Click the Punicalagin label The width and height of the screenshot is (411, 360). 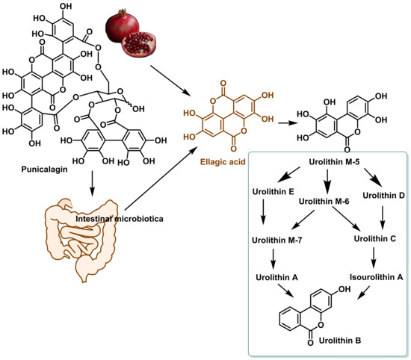click(x=44, y=170)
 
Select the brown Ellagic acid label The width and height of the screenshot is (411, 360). click(x=223, y=161)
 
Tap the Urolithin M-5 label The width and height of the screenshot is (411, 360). click(x=335, y=161)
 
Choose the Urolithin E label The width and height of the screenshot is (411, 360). click(x=273, y=191)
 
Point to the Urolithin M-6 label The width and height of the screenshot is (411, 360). click(x=324, y=201)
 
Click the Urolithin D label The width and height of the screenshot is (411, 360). click(x=384, y=195)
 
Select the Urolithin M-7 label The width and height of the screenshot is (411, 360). click(x=277, y=240)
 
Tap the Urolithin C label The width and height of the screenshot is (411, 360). click(x=375, y=239)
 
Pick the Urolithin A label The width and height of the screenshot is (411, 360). click(x=277, y=277)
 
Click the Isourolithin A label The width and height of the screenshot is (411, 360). click(x=377, y=277)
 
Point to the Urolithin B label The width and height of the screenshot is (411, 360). click(x=340, y=341)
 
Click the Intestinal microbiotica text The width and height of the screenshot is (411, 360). click(x=120, y=219)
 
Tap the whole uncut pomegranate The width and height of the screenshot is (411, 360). click(x=121, y=25)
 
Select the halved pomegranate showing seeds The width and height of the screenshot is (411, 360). click(x=138, y=44)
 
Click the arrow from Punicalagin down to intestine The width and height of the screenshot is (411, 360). click(x=92, y=184)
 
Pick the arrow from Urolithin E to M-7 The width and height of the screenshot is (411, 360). click(x=264, y=212)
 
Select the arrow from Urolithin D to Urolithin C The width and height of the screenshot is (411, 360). click(x=383, y=218)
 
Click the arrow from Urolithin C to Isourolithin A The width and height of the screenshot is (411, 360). click(x=374, y=258)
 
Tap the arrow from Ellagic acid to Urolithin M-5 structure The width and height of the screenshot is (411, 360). click(x=288, y=123)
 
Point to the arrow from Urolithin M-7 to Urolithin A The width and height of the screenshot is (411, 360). click(x=273, y=259)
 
